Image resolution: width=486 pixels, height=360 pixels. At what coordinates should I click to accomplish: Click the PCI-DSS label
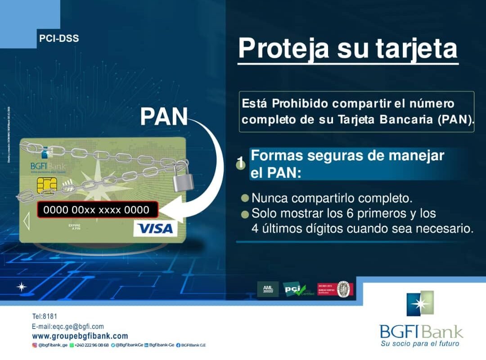click(x=59, y=39)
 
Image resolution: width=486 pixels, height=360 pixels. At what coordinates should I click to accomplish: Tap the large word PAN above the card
click(x=164, y=117)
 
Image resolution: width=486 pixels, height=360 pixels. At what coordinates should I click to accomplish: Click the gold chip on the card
click(x=44, y=184)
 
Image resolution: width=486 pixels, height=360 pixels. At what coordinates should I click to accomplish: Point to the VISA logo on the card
click(x=155, y=229)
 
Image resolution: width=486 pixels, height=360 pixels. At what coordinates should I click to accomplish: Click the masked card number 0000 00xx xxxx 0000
click(x=96, y=210)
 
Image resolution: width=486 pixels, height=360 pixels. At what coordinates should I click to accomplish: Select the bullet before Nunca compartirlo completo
click(x=245, y=198)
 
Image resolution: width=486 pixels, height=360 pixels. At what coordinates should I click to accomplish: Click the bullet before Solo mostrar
click(x=245, y=214)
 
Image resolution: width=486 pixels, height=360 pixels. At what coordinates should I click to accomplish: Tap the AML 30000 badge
click(x=268, y=289)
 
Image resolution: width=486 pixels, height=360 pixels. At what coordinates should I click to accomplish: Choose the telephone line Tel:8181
click(x=45, y=317)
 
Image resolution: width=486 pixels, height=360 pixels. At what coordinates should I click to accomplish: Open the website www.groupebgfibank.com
click(x=80, y=336)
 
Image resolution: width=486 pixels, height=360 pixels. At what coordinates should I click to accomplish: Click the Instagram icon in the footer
click(x=34, y=345)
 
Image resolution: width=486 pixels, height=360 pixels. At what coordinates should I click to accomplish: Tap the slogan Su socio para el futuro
click(x=420, y=344)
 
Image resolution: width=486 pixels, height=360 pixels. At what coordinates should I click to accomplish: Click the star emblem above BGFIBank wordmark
click(x=420, y=304)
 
